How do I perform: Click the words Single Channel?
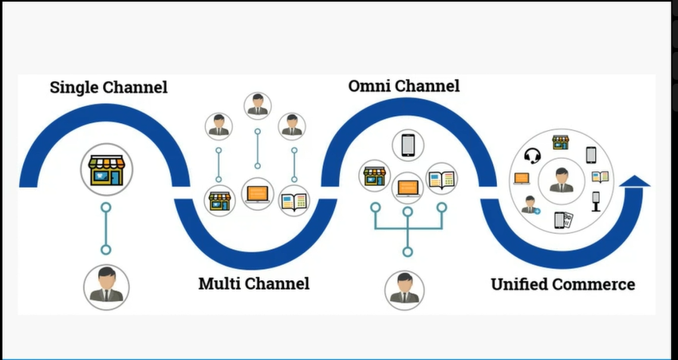click(108, 87)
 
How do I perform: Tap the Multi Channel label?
click(254, 283)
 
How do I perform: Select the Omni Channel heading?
click(404, 85)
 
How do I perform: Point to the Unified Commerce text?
click(562, 284)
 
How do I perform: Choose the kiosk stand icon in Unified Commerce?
click(595, 201)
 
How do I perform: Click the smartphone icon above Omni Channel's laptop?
click(408, 144)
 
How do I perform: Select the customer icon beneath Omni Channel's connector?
click(404, 288)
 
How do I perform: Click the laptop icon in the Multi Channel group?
click(257, 193)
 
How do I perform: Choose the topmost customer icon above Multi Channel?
click(257, 105)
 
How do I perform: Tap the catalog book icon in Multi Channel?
click(294, 198)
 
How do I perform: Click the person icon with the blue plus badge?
click(530, 204)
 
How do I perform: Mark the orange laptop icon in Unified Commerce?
click(522, 179)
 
